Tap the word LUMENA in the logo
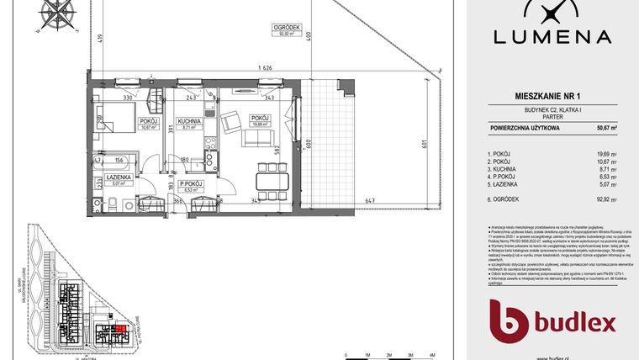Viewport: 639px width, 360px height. [x=551, y=36]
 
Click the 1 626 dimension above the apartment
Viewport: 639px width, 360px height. [x=266, y=68]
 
